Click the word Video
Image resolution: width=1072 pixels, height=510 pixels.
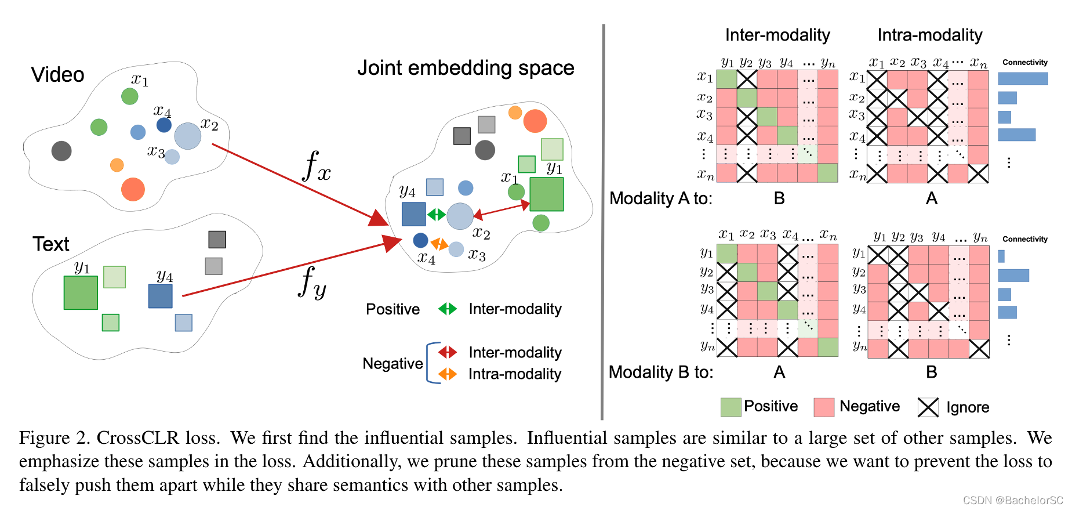point(57,75)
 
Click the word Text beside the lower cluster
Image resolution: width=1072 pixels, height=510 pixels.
point(50,244)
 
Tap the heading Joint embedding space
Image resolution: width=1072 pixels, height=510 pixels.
point(465,68)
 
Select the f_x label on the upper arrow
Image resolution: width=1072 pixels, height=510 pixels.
point(317,167)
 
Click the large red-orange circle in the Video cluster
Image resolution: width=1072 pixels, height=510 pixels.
point(133,189)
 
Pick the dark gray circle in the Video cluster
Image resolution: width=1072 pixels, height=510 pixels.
point(61,151)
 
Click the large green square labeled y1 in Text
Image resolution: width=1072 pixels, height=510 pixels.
point(81,292)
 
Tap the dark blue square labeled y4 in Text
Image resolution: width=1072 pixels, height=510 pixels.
point(161,296)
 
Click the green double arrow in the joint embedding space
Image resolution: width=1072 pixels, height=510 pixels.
point(436,215)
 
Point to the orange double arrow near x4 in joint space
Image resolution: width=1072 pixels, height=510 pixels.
point(439,244)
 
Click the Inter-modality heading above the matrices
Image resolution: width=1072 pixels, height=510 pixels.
point(777,35)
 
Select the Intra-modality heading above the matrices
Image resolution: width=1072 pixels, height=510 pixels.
point(929,35)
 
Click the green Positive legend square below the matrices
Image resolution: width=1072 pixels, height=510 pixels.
point(731,407)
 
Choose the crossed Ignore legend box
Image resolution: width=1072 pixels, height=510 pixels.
point(928,407)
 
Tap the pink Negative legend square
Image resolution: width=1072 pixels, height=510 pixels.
point(824,407)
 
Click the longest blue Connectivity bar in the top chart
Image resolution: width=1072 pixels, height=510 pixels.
point(1023,78)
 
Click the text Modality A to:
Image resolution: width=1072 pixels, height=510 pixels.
point(660,198)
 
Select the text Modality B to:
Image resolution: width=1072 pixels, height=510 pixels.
point(660,372)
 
